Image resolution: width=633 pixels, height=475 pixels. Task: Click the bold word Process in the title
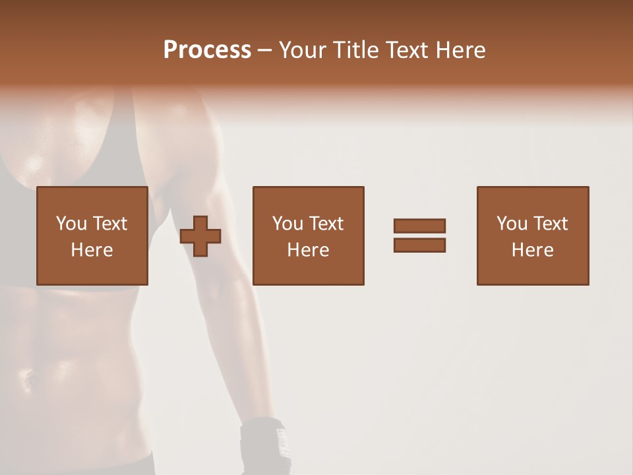(x=207, y=50)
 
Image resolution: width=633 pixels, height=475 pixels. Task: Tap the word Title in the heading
(x=356, y=50)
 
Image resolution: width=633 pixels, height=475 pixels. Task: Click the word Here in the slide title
(x=461, y=50)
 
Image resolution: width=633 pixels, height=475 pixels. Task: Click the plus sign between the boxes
(x=200, y=236)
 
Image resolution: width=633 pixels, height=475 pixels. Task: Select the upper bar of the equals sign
(x=419, y=226)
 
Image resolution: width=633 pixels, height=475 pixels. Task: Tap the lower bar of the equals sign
(x=419, y=245)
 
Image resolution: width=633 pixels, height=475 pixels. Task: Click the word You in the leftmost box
(x=71, y=224)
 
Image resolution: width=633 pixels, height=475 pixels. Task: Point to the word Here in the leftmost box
(x=92, y=250)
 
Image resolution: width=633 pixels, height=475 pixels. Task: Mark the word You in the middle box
(x=287, y=224)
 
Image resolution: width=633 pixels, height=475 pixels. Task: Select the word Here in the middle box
(x=308, y=250)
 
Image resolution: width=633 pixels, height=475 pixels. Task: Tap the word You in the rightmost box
(x=512, y=224)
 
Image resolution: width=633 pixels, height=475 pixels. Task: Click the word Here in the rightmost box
(x=532, y=250)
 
